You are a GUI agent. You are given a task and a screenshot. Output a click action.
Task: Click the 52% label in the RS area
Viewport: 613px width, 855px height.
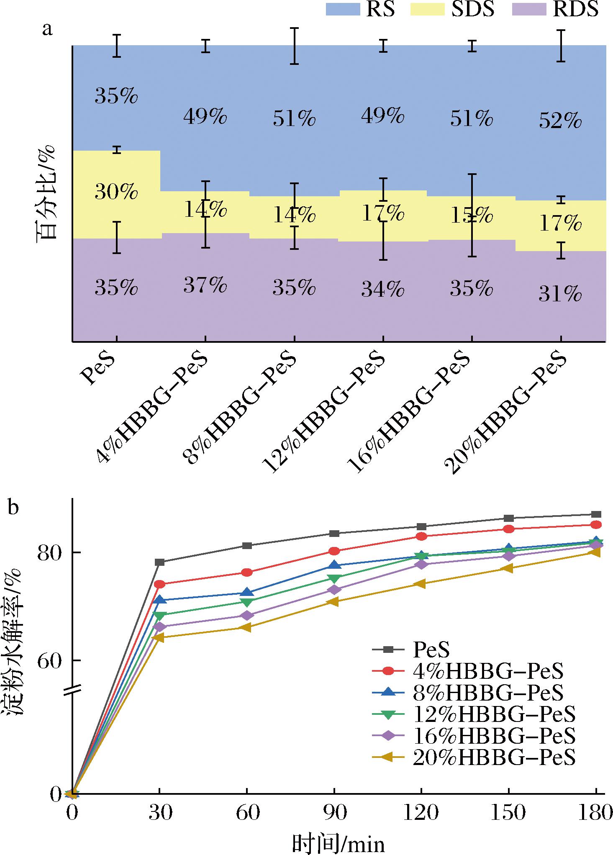pos(560,122)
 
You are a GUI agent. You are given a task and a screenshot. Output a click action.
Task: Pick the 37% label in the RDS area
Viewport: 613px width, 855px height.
pos(205,285)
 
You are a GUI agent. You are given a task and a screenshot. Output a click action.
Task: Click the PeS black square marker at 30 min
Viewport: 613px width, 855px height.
pos(159,562)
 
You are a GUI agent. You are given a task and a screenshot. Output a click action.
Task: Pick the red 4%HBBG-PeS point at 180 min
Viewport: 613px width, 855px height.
pos(596,525)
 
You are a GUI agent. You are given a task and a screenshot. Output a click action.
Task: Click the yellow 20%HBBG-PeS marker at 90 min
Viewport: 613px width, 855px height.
pos(334,601)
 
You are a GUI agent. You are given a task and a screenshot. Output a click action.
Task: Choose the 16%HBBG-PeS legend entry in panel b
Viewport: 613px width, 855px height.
pos(494,735)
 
